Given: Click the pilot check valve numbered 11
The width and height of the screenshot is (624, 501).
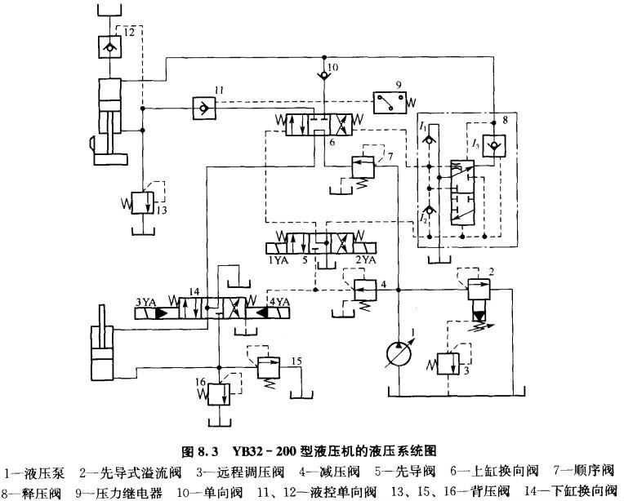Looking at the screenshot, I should click(198, 107).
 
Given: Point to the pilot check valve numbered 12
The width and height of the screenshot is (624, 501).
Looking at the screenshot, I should click(108, 45).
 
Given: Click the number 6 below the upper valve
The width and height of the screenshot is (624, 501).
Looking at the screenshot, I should click(332, 141).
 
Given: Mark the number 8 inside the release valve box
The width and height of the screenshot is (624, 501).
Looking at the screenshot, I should click(505, 119).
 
